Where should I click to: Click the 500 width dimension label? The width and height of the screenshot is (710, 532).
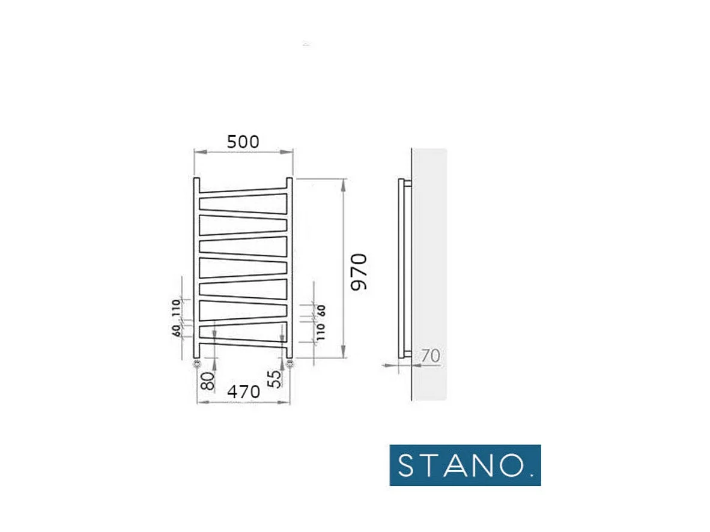(x=243, y=142)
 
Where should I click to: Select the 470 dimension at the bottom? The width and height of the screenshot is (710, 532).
(x=243, y=391)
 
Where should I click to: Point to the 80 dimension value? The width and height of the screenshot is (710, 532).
(x=208, y=381)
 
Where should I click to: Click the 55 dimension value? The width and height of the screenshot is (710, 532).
(x=274, y=379)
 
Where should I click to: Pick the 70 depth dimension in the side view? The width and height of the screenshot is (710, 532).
(x=430, y=356)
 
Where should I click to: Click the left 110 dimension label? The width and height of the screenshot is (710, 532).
(x=176, y=307)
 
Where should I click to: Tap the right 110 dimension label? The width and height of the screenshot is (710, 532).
(x=321, y=331)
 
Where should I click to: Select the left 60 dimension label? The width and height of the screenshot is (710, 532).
(x=176, y=330)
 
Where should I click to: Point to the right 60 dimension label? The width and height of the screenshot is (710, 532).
(x=321, y=310)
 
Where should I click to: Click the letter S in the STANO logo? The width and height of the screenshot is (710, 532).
(x=407, y=465)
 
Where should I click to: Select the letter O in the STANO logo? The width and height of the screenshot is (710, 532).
(x=509, y=465)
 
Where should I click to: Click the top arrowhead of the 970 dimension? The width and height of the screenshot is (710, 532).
(x=344, y=182)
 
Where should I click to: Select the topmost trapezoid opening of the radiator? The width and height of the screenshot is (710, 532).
(x=243, y=202)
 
